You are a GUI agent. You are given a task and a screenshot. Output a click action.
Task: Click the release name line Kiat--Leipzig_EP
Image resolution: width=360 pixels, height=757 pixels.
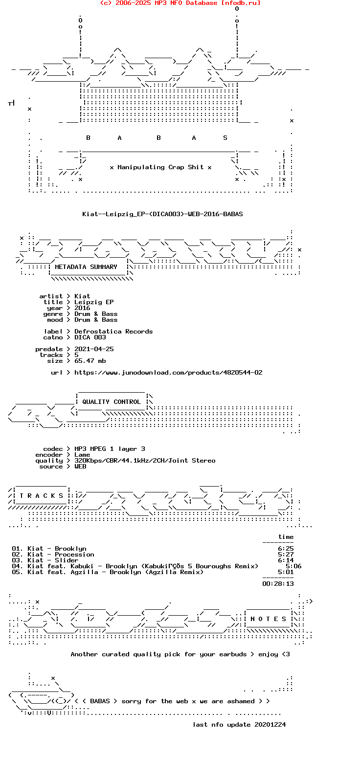tap(162, 214)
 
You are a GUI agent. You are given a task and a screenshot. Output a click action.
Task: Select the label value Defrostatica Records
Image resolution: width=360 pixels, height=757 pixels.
tap(113, 332)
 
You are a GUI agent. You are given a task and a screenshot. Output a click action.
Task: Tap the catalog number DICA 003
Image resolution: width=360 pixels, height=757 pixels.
tap(90, 337)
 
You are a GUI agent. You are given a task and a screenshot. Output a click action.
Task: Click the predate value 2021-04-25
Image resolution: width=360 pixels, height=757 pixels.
tap(94, 349)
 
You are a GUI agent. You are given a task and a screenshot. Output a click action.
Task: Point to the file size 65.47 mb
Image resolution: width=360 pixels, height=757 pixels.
tap(90, 361)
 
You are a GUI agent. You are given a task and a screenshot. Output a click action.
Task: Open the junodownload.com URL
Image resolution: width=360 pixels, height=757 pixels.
tap(168, 373)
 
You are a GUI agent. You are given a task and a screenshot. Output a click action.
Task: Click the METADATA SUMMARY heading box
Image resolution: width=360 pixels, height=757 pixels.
tap(86, 267)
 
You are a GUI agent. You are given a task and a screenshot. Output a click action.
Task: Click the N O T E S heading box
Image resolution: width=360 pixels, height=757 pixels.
tap(268, 619)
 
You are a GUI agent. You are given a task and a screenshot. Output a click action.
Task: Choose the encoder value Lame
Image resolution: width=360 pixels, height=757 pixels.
tap(82, 455)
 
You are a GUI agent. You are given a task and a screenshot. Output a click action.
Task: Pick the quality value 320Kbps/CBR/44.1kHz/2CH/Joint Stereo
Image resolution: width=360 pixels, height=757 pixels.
tap(145, 461)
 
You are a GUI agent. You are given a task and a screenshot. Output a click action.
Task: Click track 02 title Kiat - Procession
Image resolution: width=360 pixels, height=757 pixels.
tap(61, 555)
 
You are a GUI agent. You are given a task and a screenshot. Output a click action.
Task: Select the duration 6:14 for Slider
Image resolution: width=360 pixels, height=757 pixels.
tap(286, 560)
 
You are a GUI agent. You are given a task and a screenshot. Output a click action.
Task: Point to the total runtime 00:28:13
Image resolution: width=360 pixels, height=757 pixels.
tap(278, 584)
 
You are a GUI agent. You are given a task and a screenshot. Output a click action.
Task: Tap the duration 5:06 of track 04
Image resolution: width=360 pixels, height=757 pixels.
tap(293, 566)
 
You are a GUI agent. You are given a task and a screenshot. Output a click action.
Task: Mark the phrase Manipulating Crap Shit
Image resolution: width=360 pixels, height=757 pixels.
tap(160, 167)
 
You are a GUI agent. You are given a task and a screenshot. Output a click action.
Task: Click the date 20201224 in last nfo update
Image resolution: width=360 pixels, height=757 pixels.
tap(270, 725)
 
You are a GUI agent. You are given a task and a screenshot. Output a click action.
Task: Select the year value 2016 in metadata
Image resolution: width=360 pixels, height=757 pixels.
tap(82, 308)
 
